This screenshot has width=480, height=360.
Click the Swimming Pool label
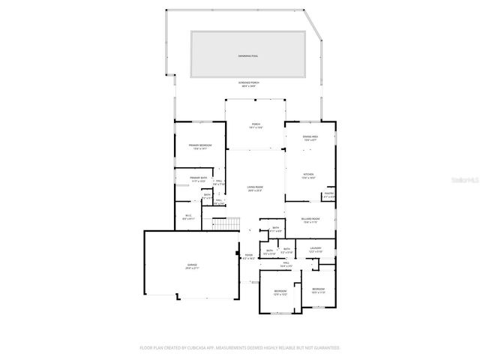coord(247,55)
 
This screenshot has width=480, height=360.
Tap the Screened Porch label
coord(249,84)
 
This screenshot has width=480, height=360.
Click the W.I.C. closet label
coord(189,217)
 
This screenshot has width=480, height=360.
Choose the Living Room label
coord(255,188)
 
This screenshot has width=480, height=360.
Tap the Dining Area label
coord(310,138)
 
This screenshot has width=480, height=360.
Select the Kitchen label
coord(309,176)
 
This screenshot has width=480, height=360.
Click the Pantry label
coord(328,195)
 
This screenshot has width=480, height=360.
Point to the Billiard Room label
coord(311,220)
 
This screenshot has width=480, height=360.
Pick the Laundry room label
coord(316,250)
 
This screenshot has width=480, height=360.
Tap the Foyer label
coord(249,256)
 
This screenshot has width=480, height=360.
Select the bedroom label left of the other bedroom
coord(280,292)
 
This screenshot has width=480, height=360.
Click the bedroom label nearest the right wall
coord(319,290)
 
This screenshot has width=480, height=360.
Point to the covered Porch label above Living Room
coord(256,126)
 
